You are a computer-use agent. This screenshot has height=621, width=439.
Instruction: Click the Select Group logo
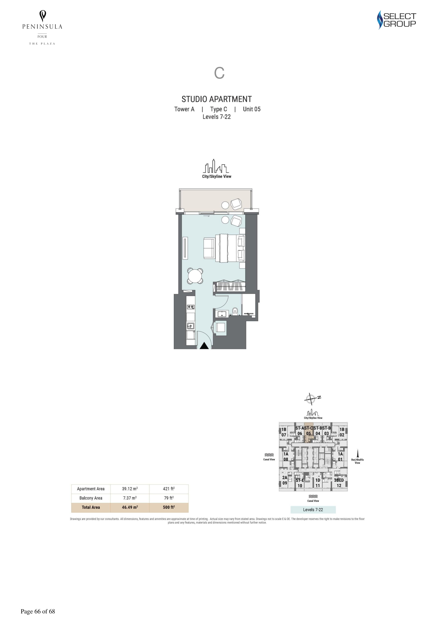397,20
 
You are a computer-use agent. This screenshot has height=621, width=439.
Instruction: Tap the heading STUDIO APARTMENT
217,99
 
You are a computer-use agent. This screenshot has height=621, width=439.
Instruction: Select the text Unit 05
252,109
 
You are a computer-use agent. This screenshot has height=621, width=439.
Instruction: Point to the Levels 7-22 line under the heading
217,117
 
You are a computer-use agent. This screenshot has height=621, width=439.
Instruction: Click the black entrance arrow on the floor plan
204,346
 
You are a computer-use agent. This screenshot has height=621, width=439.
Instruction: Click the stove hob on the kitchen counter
191,307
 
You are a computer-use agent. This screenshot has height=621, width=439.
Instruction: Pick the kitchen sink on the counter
191,326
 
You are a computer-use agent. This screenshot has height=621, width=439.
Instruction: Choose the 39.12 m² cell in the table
130,489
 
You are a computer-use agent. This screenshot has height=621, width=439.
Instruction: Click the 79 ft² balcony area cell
169,498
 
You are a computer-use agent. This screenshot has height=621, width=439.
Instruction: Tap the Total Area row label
91,507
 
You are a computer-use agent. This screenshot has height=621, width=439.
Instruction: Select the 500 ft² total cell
169,507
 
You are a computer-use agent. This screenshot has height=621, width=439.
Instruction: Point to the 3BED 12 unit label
339,482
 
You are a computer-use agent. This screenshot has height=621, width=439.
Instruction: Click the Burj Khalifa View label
357,461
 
